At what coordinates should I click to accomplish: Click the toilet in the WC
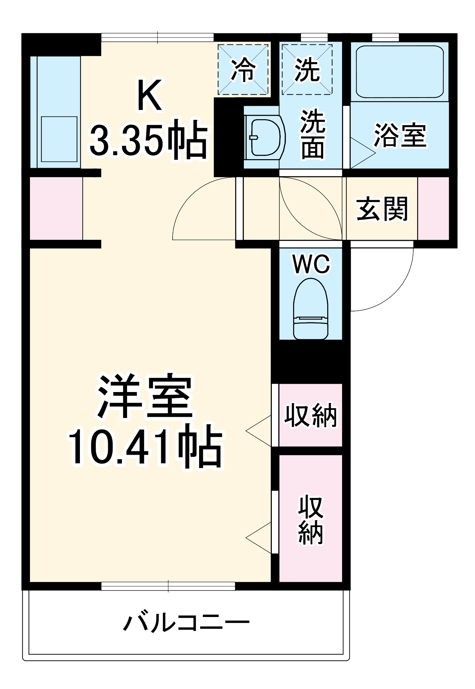[310, 309]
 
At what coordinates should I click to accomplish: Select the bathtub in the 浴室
[399, 72]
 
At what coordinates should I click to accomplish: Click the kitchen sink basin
[59, 139]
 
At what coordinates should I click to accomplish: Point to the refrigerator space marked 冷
[243, 70]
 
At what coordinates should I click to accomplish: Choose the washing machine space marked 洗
[307, 70]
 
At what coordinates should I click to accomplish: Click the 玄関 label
[382, 209]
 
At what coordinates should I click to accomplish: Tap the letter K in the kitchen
[149, 95]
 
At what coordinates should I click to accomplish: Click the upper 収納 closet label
[310, 415]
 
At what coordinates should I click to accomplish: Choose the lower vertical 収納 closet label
[310, 520]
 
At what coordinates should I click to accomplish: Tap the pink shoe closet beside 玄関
[433, 208]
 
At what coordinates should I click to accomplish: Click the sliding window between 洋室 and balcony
[168, 586]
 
